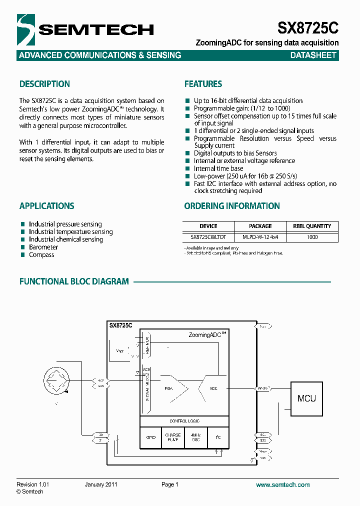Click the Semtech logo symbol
point(26,29)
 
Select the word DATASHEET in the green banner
point(313,55)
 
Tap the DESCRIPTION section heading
point(44,84)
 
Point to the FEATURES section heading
point(203,84)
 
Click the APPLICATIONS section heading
point(46,206)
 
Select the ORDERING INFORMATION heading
point(232,206)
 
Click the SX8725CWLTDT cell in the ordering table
point(208,237)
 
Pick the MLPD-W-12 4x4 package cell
point(260,237)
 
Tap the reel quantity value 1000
point(312,237)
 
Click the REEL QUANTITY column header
point(312,226)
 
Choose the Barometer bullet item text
point(43,247)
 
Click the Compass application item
point(41,255)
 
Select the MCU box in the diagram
point(306,398)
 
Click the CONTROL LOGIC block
point(184,421)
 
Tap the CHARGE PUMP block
point(173,437)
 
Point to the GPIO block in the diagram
point(151,437)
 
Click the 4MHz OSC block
point(195,437)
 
